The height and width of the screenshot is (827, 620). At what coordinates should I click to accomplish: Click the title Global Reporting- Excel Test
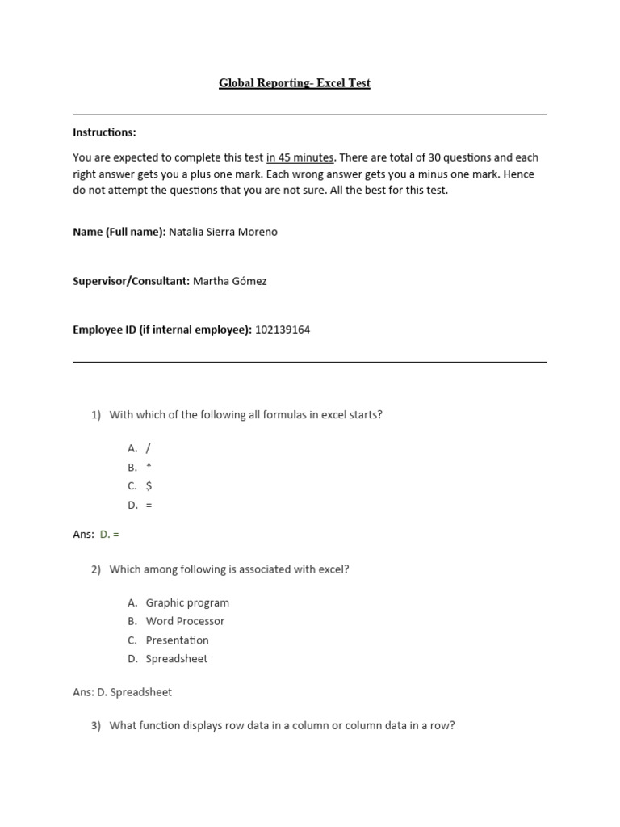[294, 83]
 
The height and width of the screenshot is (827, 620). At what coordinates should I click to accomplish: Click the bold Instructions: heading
[104, 132]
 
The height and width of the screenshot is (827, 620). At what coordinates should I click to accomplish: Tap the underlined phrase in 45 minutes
[300, 157]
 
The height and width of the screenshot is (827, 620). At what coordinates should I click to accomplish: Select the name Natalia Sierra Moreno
[223, 232]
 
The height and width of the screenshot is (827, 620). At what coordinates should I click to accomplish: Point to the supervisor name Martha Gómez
[229, 281]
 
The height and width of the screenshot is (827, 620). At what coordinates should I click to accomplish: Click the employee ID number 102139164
[282, 330]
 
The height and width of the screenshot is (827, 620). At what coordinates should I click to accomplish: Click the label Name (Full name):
[119, 232]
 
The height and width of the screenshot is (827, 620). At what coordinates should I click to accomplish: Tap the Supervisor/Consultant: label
[131, 281]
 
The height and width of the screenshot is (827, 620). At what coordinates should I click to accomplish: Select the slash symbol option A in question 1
[149, 447]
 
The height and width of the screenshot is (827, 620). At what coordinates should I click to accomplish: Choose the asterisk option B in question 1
[149, 467]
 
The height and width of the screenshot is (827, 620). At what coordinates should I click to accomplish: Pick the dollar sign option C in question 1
[149, 486]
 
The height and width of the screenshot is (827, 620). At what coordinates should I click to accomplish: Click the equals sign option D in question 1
[149, 506]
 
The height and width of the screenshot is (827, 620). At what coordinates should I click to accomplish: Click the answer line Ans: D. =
[96, 535]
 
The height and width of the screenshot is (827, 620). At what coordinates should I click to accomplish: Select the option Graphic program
[187, 602]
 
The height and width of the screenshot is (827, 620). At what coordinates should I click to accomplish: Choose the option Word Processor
[185, 621]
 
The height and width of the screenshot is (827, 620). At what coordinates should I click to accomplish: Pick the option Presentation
[177, 640]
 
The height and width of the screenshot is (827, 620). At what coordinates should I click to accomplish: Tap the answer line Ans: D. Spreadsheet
[122, 692]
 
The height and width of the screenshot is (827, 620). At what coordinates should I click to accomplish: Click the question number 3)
[96, 725]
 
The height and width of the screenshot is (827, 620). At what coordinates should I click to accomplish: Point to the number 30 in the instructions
[435, 157]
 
